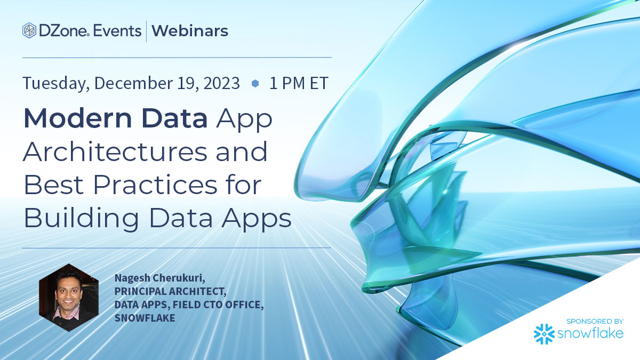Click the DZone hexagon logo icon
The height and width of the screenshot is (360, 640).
click(x=29, y=30)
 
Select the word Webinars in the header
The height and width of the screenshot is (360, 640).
click(x=190, y=31)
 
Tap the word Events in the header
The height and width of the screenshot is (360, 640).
click(x=117, y=31)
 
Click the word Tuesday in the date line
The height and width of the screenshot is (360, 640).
click(x=55, y=83)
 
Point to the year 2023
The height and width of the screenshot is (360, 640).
click(x=222, y=83)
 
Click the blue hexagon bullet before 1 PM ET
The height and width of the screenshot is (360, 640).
click(x=255, y=83)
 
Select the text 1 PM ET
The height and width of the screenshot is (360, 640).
click(x=299, y=83)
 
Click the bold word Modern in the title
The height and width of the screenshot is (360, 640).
click(x=78, y=118)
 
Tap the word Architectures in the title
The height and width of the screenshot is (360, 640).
click(x=115, y=151)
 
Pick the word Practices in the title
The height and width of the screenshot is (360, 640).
click(x=155, y=185)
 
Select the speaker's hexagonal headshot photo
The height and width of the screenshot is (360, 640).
click(x=69, y=298)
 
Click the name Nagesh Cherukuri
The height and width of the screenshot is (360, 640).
click(x=159, y=278)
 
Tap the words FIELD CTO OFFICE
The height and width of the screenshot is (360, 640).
click(x=218, y=305)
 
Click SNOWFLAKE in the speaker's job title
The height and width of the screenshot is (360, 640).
click(x=145, y=318)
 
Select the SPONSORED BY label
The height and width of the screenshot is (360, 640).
click(x=595, y=322)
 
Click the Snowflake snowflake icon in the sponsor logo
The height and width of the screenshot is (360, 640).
click(x=544, y=334)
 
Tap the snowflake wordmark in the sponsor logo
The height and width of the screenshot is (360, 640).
click(x=590, y=333)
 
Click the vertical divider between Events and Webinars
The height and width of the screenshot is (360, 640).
click(x=147, y=31)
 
